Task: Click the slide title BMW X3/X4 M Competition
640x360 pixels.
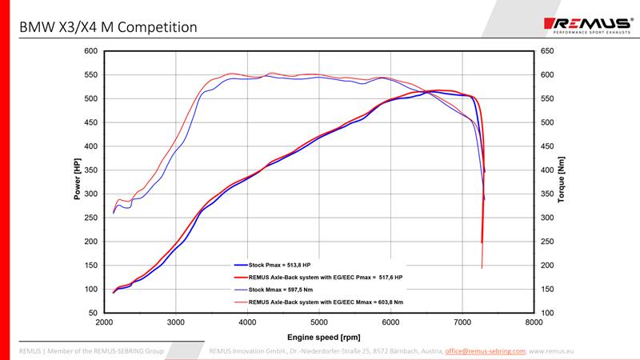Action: point(108,27)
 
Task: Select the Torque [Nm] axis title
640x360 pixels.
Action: point(562,181)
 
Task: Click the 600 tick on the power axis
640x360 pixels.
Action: point(90,51)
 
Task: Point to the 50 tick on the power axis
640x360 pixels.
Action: point(93,313)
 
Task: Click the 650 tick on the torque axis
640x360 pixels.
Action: point(546,51)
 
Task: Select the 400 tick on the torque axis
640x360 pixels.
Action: point(546,170)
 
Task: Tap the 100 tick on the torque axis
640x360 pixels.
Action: point(546,313)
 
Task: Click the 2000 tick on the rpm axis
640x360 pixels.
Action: point(104,322)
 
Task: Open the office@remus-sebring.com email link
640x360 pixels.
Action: point(486,350)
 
